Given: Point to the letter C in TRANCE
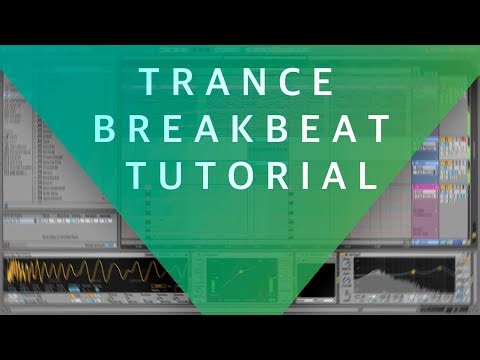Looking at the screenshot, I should [x=298, y=81].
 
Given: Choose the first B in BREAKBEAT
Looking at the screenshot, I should [x=128, y=129].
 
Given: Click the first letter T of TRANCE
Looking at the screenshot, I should [x=150, y=81].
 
